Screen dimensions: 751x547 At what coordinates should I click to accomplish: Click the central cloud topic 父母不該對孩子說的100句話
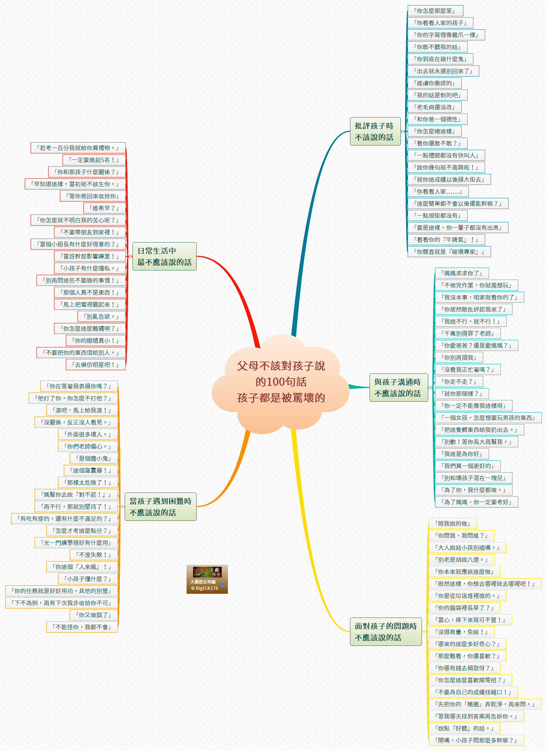pyautogui.click(x=281, y=382)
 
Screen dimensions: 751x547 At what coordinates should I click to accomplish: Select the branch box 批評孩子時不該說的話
pyautogui.click(x=375, y=132)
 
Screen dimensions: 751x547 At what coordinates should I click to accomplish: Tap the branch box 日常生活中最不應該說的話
pyautogui.click(x=164, y=256)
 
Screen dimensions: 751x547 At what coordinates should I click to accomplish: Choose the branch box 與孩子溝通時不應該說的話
pyautogui.click(x=398, y=387)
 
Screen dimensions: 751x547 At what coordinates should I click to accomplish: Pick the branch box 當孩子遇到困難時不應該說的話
pyautogui.click(x=160, y=507)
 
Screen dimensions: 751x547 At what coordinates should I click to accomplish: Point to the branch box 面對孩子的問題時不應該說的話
pyautogui.click(x=386, y=632)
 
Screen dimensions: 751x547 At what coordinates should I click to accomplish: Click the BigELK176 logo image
pyautogui.click(x=207, y=579)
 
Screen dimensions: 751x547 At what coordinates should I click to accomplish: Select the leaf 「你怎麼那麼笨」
pyautogui.click(x=435, y=11)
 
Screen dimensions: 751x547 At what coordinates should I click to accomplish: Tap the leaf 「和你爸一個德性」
pyautogui.click(x=437, y=119)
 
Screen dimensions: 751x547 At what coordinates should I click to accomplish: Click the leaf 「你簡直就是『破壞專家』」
pyautogui.click(x=449, y=252)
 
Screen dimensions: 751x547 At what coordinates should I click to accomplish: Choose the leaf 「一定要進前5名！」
pyautogui.click(x=94, y=160)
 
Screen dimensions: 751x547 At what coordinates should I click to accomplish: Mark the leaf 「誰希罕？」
pyautogui.click(x=105, y=208)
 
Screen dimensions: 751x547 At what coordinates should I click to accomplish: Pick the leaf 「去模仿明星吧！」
pyautogui.click(x=96, y=365)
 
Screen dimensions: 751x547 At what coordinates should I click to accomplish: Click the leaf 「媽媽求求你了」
pyautogui.click(x=462, y=273)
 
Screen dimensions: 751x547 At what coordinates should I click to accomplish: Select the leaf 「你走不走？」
pyautogui.click(x=459, y=382)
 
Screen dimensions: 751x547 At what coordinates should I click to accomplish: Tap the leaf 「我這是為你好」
pyautogui.click(x=462, y=454)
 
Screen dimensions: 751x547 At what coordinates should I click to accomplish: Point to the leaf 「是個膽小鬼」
pyautogui.click(x=94, y=458)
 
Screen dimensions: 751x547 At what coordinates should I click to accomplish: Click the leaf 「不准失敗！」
pyautogui.click(x=94, y=555)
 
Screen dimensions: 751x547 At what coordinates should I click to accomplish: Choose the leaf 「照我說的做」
pyautogui.click(x=453, y=523)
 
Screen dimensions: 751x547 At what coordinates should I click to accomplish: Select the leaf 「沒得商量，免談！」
pyautogui.click(x=461, y=632)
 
